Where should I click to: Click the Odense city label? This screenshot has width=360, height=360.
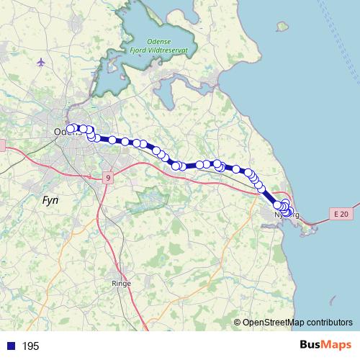click(x=63, y=132)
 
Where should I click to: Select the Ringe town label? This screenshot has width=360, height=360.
click(x=121, y=284)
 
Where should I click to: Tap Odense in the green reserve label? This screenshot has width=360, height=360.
click(x=157, y=42)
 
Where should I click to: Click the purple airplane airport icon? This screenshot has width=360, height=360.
click(x=40, y=62)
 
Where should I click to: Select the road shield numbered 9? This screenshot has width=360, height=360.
click(x=107, y=177)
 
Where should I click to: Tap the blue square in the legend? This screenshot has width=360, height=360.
click(x=11, y=346)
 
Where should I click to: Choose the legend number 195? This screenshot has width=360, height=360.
click(x=30, y=346)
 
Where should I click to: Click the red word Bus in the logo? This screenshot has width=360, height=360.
click(x=311, y=346)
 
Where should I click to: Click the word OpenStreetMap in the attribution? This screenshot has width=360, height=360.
click(x=274, y=323)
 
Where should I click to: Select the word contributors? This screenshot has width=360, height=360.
click(x=330, y=323)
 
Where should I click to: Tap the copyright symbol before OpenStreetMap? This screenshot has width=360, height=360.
click(x=237, y=323)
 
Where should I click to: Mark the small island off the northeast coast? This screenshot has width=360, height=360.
click(x=282, y=26)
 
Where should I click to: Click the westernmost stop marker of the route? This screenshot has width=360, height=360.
click(x=71, y=130)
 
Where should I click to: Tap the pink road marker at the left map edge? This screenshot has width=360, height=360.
click(x=2, y=146)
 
